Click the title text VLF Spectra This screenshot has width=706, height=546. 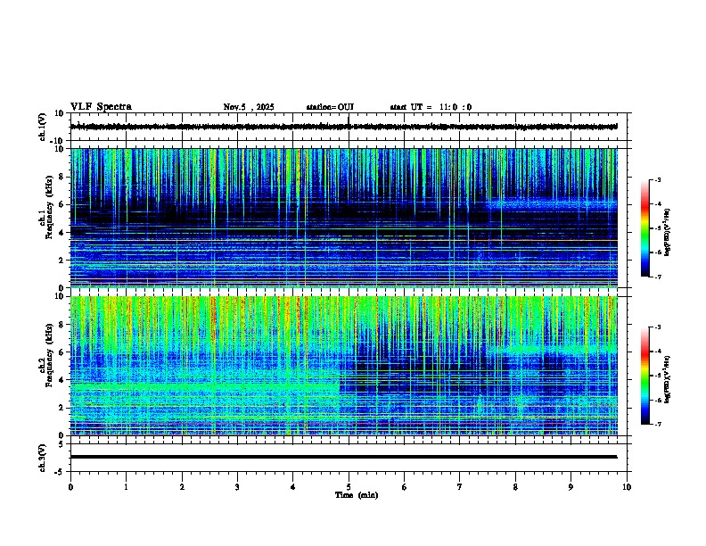(101, 107)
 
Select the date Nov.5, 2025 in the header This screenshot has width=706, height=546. (249, 107)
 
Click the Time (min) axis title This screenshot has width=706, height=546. (356, 494)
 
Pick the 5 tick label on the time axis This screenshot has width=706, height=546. (349, 486)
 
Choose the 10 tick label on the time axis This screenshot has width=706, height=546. (627, 486)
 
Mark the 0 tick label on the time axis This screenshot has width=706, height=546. (70, 486)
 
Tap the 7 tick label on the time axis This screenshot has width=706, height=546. (460, 486)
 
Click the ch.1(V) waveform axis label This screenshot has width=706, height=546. (42, 127)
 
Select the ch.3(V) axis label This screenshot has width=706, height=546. (42, 456)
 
